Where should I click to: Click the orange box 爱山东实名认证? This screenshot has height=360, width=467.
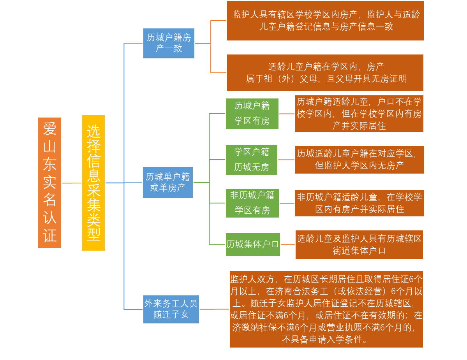click(x=49, y=183)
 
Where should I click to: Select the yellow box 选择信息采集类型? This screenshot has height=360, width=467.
click(x=93, y=183)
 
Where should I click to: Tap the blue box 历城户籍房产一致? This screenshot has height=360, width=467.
click(x=169, y=44)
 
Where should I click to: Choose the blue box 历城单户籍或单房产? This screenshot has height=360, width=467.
click(x=168, y=183)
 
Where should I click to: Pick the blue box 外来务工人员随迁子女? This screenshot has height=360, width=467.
click(x=171, y=309)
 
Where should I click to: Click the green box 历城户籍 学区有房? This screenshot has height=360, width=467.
click(x=252, y=114)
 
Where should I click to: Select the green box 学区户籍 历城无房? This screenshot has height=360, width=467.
click(x=252, y=160)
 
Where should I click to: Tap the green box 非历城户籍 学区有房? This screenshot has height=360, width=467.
click(x=252, y=203)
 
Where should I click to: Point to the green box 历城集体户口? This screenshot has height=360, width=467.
click(x=253, y=244)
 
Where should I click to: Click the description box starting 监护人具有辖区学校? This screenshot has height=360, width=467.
click(x=325, y=21)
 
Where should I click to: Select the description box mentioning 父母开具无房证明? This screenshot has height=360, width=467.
click(x=325, y=73)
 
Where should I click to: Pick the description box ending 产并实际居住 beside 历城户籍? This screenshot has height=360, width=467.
click(x=359, y=114)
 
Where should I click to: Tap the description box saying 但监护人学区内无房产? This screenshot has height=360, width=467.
click(x=360, y=160)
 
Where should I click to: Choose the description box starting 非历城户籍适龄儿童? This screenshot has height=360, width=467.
click(x=360, y=203)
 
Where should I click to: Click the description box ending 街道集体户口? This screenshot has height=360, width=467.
click(x=359, y=244)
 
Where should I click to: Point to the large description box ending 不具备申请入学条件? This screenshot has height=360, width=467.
click(x=326, y=309)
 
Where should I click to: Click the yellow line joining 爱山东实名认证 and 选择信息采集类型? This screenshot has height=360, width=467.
click(x=72, y=183)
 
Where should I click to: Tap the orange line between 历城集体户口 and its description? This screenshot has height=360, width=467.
click(x=288, y=244)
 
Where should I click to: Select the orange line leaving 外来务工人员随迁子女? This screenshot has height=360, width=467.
click(x=215, y=309)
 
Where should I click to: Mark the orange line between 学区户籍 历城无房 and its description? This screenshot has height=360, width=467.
click(x=286, y=160)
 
